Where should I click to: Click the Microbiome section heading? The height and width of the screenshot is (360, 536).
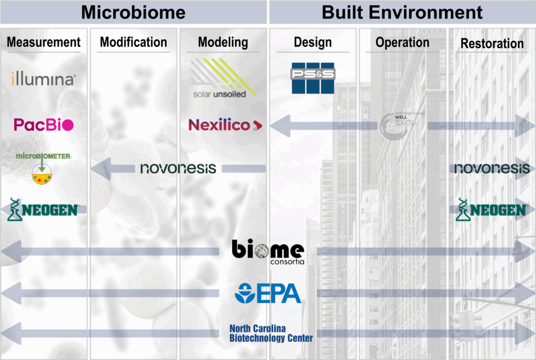[x=133, y=12]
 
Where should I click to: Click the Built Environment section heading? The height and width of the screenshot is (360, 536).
[x=402, y=12]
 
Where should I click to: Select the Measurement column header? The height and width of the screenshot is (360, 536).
[x=44, y=42]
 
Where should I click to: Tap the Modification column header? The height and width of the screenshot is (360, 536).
[x=133, y=42]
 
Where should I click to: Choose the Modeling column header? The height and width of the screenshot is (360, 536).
[x=223, y=42]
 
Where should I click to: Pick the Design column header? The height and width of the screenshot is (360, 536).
[x=312, y=42]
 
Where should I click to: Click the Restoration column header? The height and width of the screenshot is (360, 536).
[x=492, y=43]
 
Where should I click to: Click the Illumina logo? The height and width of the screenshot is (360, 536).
[x=43, y=80]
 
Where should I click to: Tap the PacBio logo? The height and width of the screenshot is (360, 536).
[x=43, y=125]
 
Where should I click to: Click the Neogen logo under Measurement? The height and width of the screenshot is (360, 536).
[x=43, y=209]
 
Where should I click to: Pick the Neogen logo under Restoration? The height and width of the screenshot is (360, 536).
[x=492, y=209]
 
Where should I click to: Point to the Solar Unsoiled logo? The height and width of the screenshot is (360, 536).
[x=223, y=78]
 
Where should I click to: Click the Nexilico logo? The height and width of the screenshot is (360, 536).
[x=225, y=125]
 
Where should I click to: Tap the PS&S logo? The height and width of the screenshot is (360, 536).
[x=313, y=78]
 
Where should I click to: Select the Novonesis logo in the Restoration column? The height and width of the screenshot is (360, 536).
[x=492, y=168]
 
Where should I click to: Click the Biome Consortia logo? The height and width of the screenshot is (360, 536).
[x=267, y=252]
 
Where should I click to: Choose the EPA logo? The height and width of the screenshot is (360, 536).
[x=268, y=293]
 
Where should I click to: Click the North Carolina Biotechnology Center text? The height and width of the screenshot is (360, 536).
[x=271, y=333]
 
